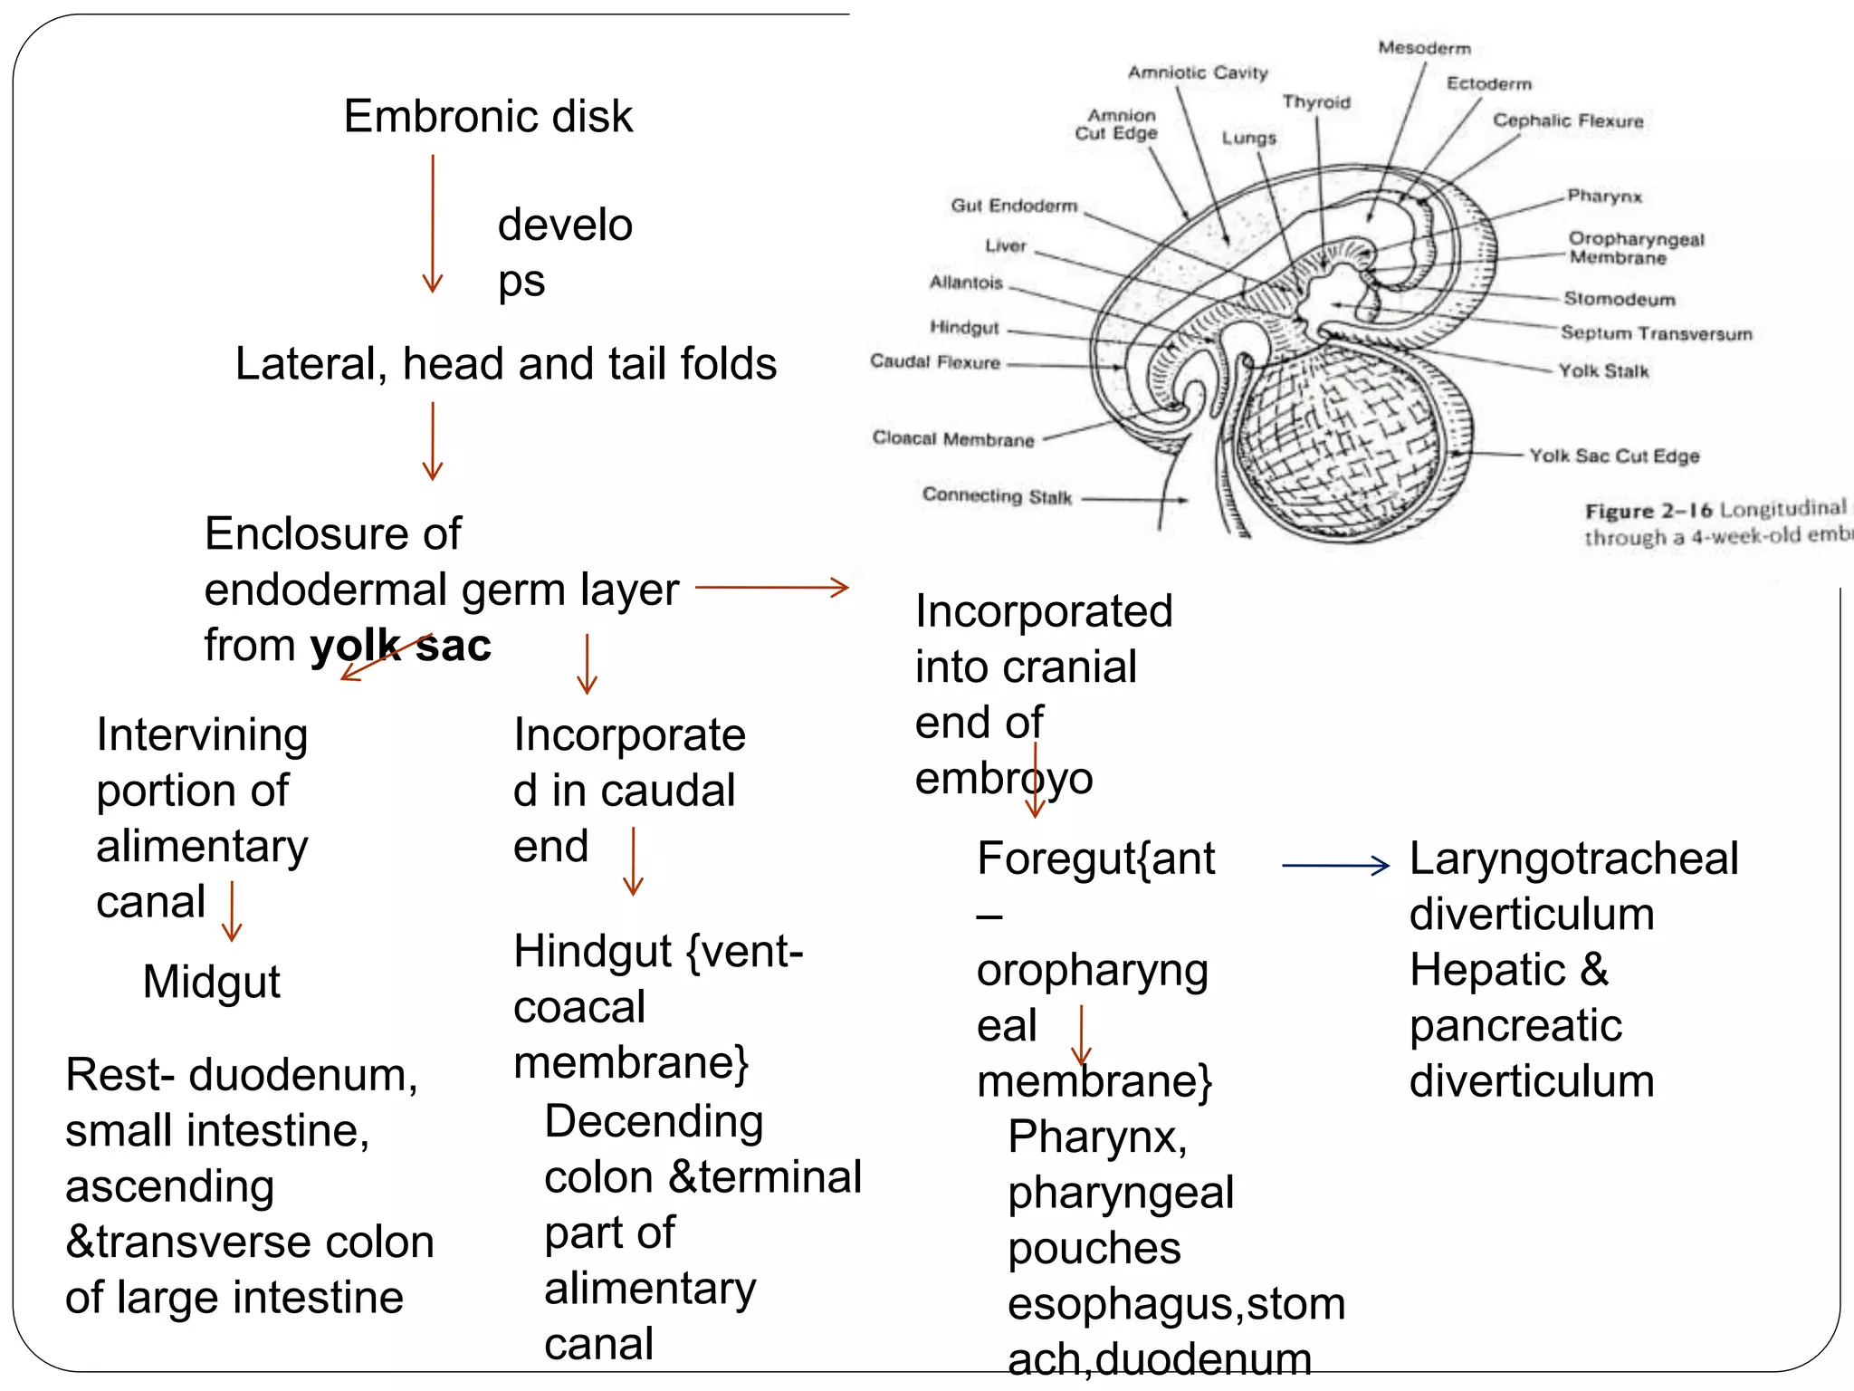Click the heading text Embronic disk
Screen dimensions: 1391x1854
click(x=488, y=117)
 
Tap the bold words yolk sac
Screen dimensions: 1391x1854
click(x=400, y=646)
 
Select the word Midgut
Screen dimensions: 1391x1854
click(x=211, y=982)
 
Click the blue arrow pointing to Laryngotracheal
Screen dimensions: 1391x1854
click(x=1334, y=866)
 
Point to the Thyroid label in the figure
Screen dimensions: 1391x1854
click(x=1315, y=102)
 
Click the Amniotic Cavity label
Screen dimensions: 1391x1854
click(x=1197, y=72)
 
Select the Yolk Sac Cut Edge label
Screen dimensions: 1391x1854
click(x=1613, y=456)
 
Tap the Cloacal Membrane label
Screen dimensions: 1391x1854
click(x=952, y=439)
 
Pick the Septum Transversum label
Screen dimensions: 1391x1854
click(x=1656, y=333)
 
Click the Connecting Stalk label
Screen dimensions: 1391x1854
click(x=996, y=495)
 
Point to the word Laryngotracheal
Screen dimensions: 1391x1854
click(x=1573, y=859)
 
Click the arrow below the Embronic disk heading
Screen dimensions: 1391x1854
click(x=433, y=223)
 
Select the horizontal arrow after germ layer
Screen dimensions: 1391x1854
click(x=771, y=588)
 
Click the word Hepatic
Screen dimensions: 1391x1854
click(x=1486, y=970)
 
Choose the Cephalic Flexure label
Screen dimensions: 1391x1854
click(x=1567, y=120)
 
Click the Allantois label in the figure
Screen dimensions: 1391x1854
click(x=966, y=283)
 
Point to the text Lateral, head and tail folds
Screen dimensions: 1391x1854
click(x=505, y=364)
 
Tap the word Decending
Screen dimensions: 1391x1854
click(x=654, y=1121)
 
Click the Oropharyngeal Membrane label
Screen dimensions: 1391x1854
click(x=1635, y=248)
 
